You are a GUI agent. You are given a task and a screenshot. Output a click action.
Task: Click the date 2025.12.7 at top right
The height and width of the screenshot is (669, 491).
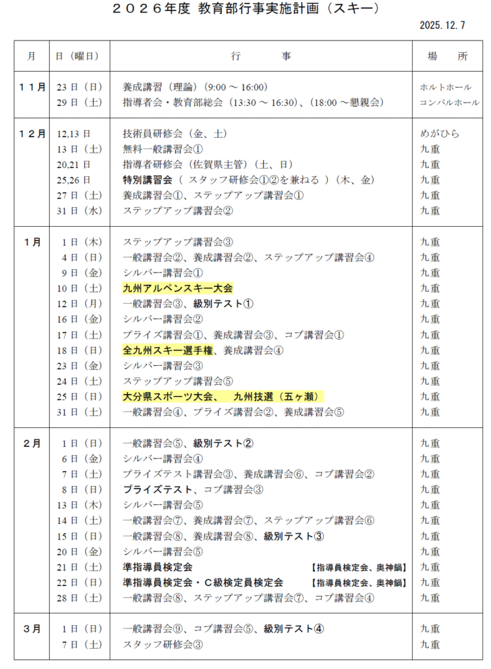coord(443,25)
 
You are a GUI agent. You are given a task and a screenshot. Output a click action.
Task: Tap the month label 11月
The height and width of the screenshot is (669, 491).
coord(32,87)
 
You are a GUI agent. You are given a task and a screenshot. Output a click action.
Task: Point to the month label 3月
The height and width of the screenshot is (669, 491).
coord(32,629)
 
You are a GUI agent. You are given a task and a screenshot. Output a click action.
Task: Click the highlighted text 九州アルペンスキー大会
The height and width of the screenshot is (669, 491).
coord(178,288)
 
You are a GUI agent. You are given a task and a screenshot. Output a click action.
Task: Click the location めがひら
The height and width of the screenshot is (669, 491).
coord(440,133)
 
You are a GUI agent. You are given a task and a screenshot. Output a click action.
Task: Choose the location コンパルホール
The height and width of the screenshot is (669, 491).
coord(449,103)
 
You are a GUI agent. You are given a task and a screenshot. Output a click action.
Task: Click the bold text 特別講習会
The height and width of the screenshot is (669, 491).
coord(148,180)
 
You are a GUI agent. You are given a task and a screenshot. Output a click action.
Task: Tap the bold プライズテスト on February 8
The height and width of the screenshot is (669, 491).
coord(157,489)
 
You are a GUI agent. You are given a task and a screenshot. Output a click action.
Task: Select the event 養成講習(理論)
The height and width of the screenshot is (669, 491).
coord(161,87)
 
